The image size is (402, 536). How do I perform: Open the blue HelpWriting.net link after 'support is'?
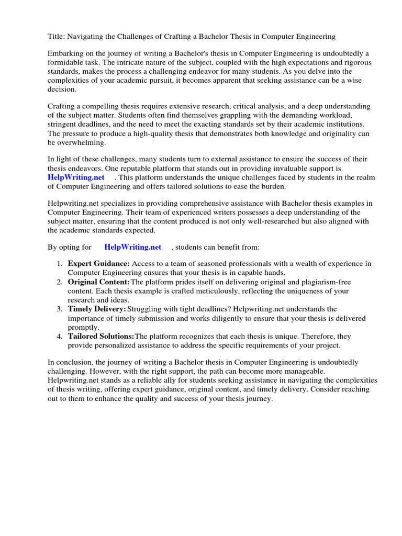76,177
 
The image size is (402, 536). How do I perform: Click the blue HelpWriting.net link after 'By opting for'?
133,247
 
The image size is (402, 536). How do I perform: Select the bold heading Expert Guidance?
99,264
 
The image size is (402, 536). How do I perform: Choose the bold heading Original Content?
99,282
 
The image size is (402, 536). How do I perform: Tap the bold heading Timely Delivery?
97,309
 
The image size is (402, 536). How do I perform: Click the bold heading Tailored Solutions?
101,336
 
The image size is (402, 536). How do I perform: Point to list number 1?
60,264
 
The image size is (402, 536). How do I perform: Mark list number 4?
60,336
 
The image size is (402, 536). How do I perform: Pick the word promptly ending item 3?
83,327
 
